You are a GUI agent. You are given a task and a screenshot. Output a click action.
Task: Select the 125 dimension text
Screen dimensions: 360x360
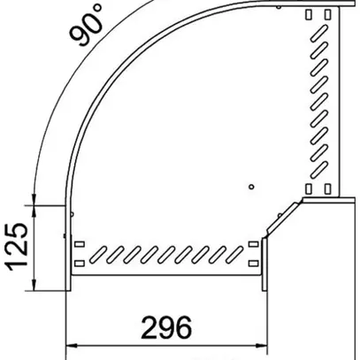pyautogui.click(x=19, y=248)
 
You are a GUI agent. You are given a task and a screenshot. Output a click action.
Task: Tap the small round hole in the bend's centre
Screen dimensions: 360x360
pyautogui.click(x=251, y=188)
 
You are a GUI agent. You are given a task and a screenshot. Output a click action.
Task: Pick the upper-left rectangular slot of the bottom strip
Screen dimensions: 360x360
pyautogui.click(x=80, y=244)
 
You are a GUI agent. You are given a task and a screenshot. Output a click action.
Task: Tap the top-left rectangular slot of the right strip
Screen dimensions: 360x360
pyautogui.click(x=310, y=14)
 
